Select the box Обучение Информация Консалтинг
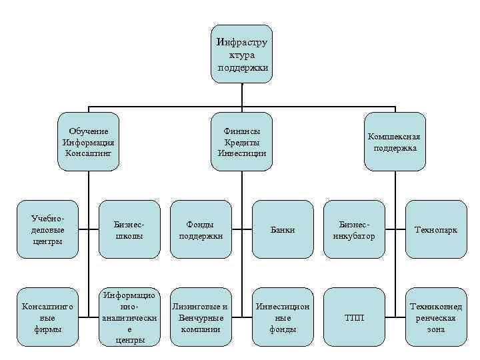(x=88, y=141)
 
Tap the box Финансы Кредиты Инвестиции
(x=241, y=141)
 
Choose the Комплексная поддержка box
(x=395, y=141)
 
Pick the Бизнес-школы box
(x=129, y=229)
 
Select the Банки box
(x=282, y=229)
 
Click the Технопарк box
(x=436, y=229)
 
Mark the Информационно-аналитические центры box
(x=129, y=317)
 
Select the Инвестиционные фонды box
(x=282, y=317)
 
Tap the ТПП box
(x=353, y=317)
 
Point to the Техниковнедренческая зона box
(x=436, y=317)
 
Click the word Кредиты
(x=241, y=142)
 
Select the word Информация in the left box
(x=88, y=142)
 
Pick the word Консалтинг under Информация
(x=88, y=153)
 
